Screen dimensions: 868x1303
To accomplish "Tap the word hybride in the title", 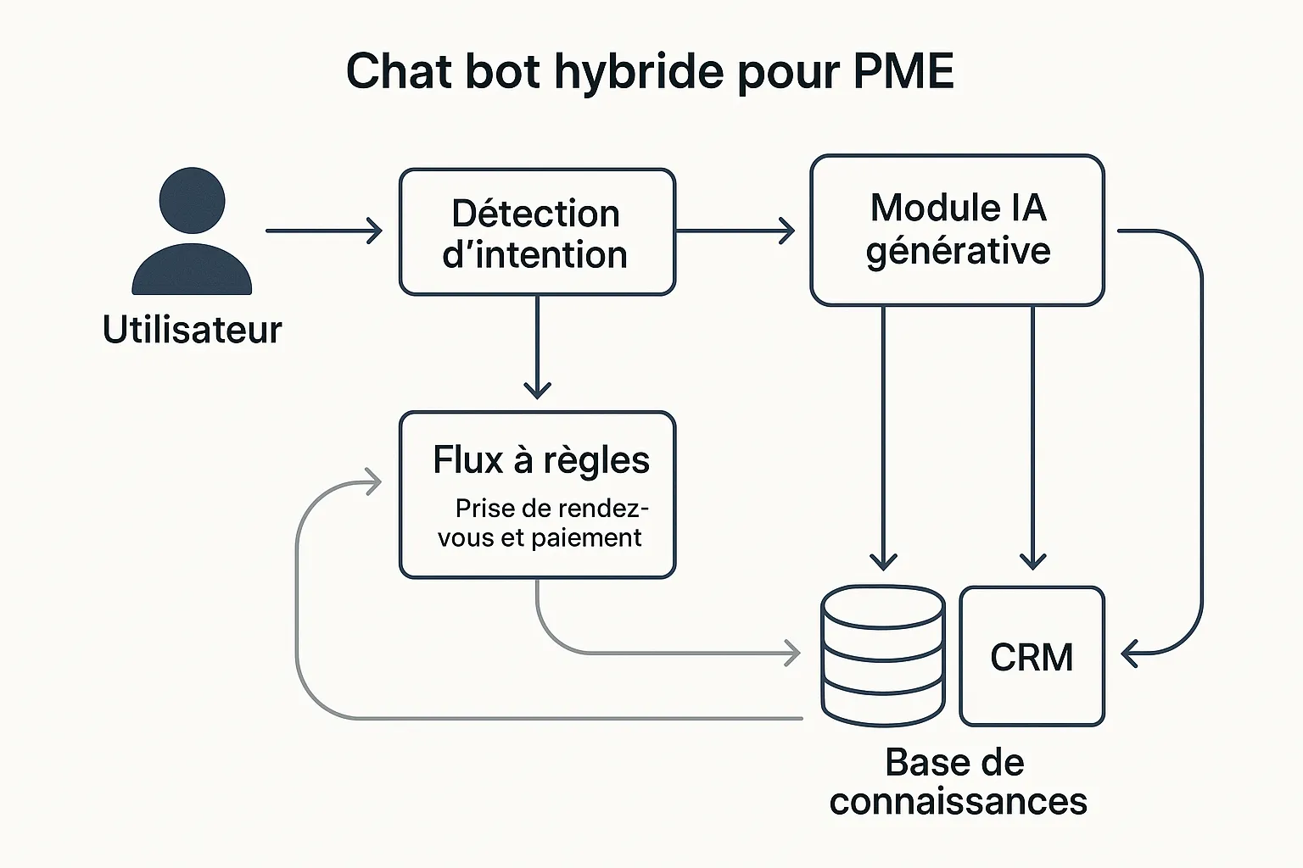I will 640,73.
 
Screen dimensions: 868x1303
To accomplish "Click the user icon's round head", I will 193,200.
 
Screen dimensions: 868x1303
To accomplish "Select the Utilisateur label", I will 192,330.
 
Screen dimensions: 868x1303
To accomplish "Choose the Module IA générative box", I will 957,230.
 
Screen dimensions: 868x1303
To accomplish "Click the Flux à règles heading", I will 540,460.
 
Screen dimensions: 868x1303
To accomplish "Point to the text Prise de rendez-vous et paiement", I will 541,523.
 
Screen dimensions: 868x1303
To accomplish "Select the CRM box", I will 1032,657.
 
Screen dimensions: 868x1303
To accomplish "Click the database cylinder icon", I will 883,655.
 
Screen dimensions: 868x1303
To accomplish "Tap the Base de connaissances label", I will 957,782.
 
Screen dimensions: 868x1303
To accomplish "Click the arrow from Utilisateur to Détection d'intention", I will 322,231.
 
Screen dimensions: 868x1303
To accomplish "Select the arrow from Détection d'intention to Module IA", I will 735,231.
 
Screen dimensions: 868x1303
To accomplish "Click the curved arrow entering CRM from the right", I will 1200,441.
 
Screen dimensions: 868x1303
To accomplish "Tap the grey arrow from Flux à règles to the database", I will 662,653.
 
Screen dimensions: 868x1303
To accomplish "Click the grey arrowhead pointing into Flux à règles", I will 372,481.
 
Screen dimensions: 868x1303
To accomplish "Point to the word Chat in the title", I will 399,71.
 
